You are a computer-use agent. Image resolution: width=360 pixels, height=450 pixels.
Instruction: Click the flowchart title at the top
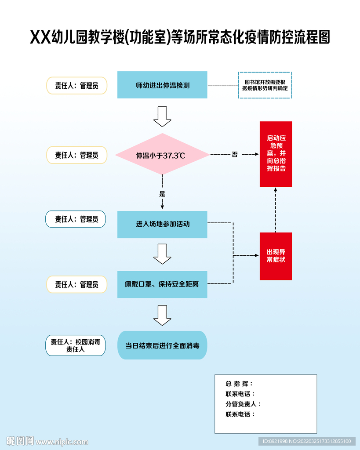(x=180, y=38)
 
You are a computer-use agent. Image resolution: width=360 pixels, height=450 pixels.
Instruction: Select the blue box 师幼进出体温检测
(x=162, y=85)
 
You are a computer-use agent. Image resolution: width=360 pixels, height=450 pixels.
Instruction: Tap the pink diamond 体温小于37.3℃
(x=162, y=155)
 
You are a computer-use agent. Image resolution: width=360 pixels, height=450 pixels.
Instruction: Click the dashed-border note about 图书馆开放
(x=265, y=85)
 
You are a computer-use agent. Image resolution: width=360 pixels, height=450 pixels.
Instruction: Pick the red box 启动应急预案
(x=276, y=154)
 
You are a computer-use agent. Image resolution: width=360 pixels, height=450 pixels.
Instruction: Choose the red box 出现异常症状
(x=276, y=256)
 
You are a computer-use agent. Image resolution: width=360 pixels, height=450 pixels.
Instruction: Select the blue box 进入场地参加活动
(x=162, y=224)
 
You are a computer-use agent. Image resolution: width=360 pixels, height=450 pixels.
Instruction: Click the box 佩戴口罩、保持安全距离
(x=162, y=284)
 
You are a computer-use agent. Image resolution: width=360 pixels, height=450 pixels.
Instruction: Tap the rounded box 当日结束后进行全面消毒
(x=162, y=345)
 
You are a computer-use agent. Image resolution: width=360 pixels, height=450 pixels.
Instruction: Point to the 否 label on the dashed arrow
(x=235, y=154)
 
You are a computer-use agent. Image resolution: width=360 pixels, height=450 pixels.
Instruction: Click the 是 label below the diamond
(x=162, y=193)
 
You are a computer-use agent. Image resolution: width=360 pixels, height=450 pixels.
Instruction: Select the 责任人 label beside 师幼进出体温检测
(x=77, y=86)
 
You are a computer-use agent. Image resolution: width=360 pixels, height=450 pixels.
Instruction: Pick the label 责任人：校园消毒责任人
(x=76, y=346)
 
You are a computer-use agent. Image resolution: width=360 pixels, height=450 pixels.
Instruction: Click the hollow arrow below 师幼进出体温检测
(x=162, y=116)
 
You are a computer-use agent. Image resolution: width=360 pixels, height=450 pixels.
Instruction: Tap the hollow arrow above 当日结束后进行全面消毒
(x=162, y=315)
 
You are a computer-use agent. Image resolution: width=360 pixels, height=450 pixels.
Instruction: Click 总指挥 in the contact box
(x=239, y=384)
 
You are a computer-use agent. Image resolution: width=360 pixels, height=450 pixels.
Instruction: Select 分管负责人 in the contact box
(x=243, y=404)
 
